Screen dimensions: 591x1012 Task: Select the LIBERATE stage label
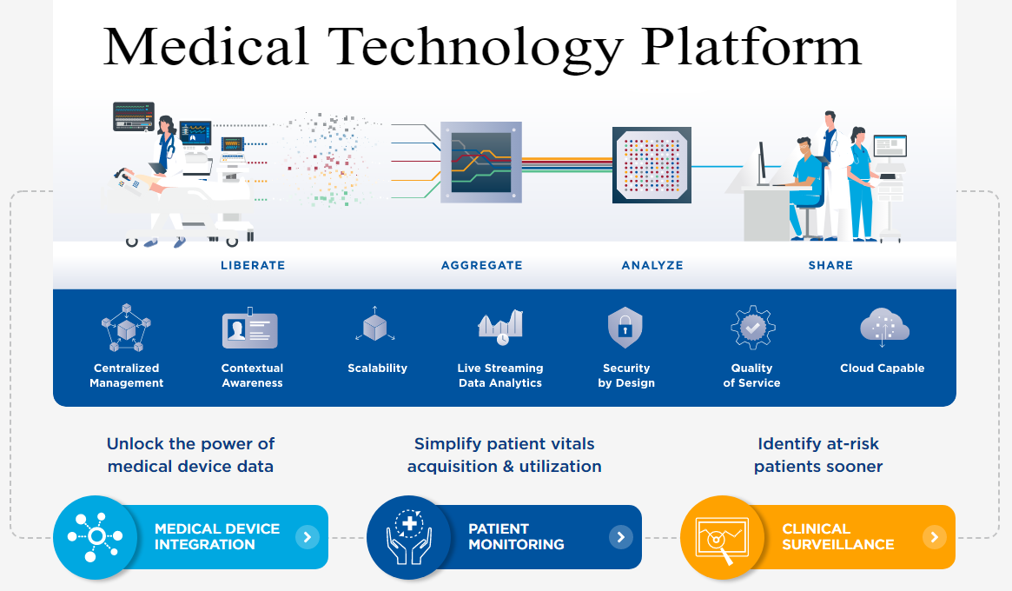[253, 265]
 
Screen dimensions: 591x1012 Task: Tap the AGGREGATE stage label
[482, 265]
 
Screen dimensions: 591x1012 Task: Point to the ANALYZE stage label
[652, 265]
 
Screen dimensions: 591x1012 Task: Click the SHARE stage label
[831, 265]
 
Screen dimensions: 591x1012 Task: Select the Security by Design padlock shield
[625, 329]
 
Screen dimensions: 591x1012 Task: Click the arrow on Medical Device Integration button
[307, 537]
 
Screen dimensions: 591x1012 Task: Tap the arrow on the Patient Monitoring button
[620, 537]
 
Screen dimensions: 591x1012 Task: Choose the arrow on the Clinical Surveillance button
[934, 537]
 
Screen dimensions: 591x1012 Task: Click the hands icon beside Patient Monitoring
[407, 537]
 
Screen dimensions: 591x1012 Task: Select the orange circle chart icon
[721, 537]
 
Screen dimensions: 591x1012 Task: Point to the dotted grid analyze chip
[652, 165]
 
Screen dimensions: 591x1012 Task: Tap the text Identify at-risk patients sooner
[818, 455]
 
